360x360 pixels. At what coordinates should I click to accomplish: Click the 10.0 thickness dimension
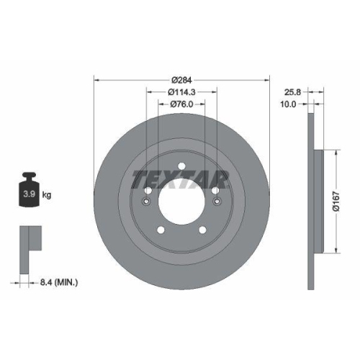[288, 104]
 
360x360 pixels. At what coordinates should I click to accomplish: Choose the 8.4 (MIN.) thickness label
[59, 283]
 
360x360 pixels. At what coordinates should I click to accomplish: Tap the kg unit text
[47, 195]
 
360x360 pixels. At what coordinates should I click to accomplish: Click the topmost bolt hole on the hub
[181, 168]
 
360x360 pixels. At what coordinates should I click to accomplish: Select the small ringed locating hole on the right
[218, 202]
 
